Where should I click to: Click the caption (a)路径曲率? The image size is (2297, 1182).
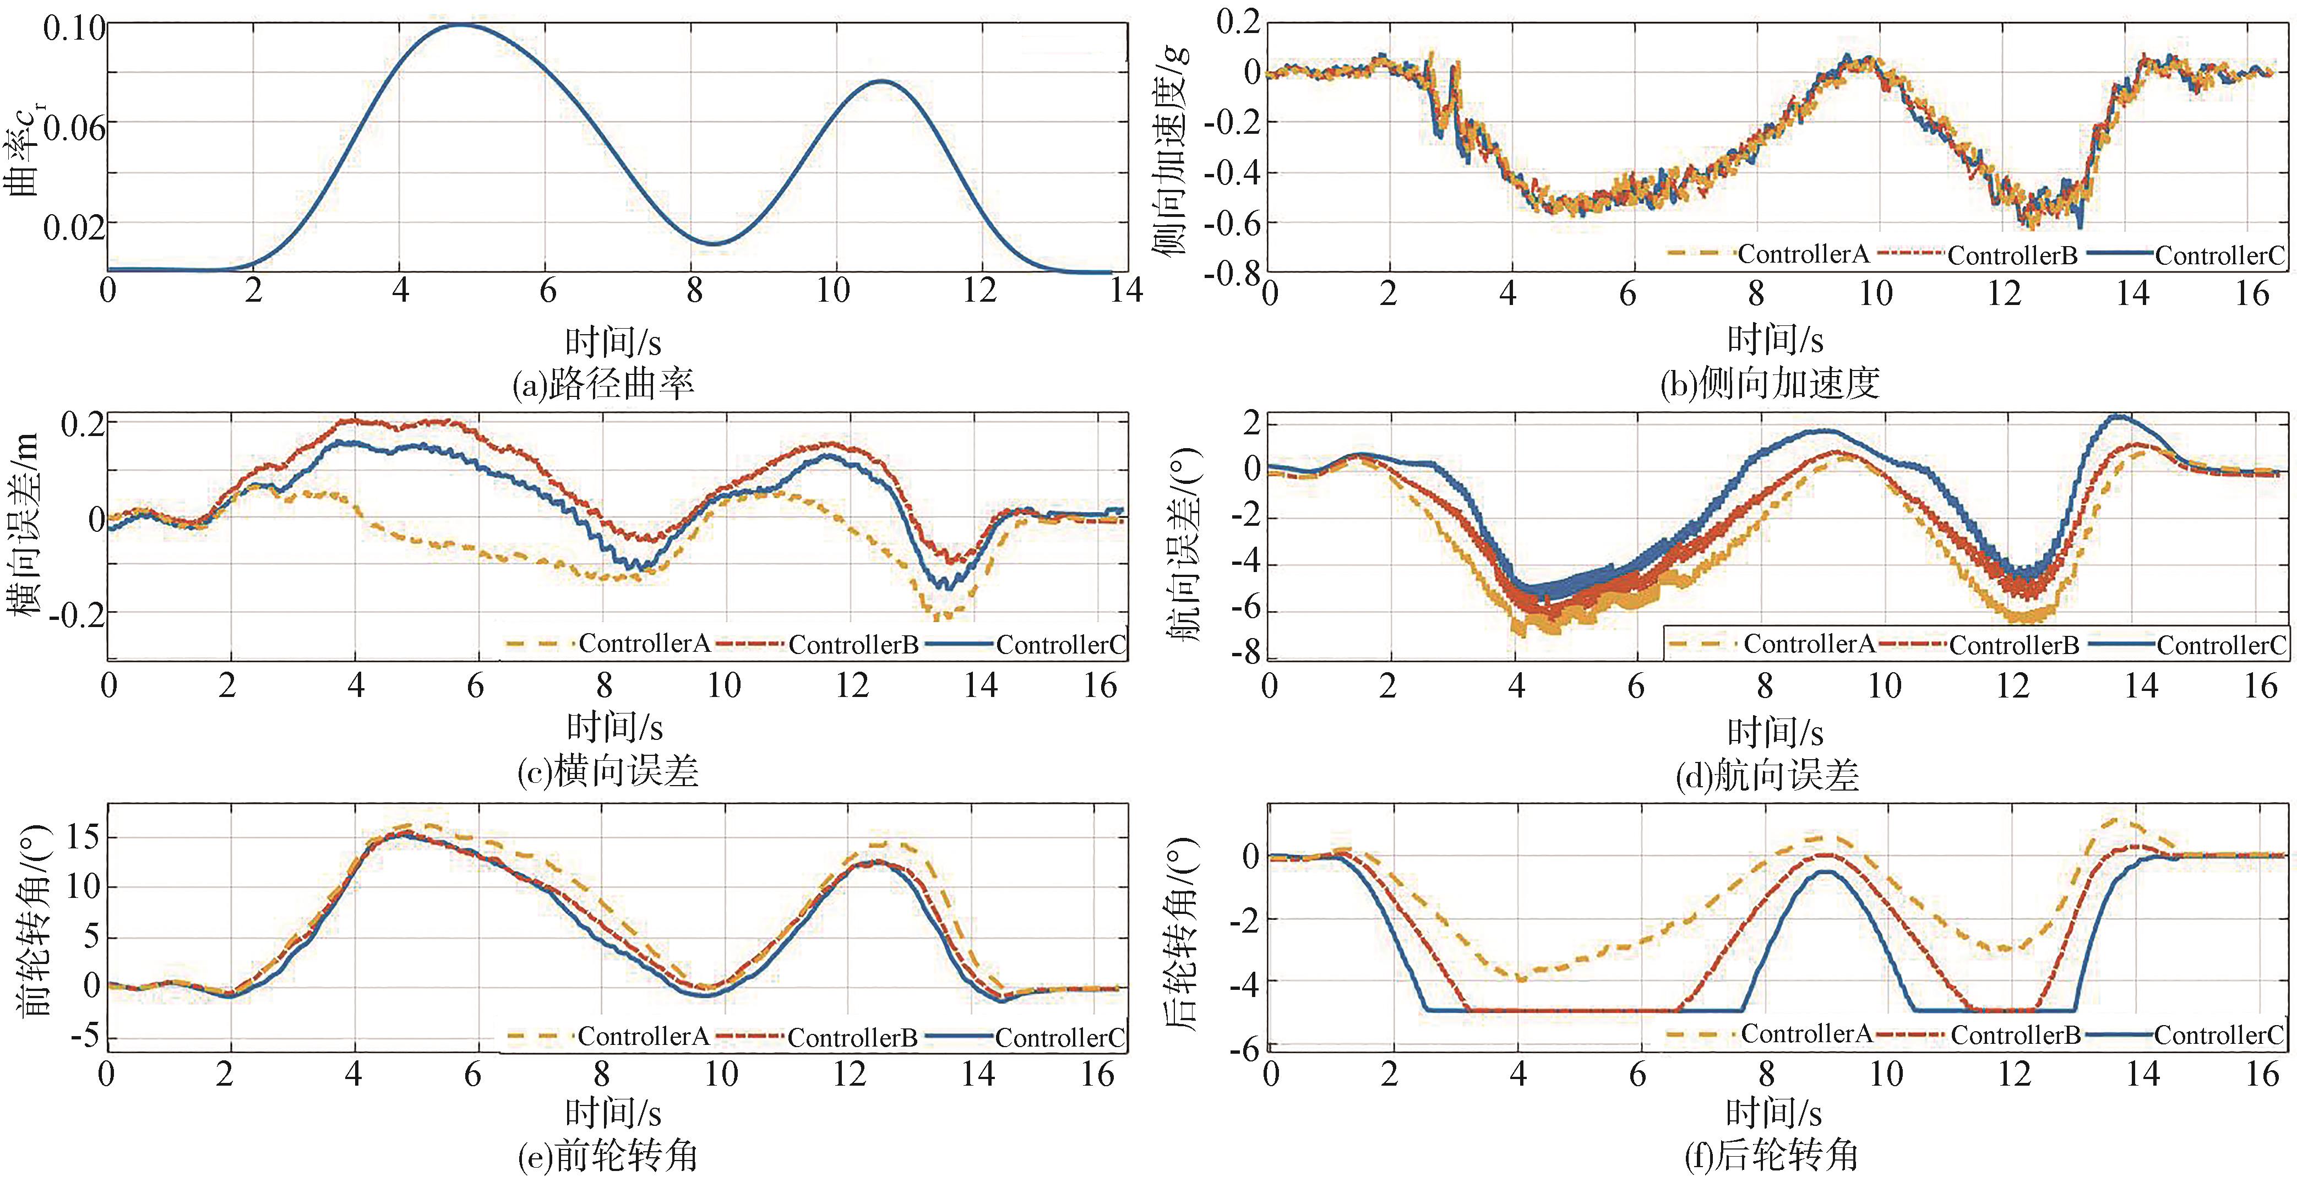603,384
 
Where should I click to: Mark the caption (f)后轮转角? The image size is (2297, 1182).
1770,1156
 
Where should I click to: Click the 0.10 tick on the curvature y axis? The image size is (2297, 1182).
73,29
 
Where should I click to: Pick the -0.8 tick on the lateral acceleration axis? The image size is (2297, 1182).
1233,272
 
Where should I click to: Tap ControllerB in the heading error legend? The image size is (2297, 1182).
2013,645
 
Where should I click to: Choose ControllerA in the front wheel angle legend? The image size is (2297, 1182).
643,1037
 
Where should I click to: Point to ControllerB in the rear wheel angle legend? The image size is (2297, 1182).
2015,1035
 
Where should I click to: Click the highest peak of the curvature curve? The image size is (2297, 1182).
460,25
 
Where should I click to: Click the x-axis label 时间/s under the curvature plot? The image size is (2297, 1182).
613,342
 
